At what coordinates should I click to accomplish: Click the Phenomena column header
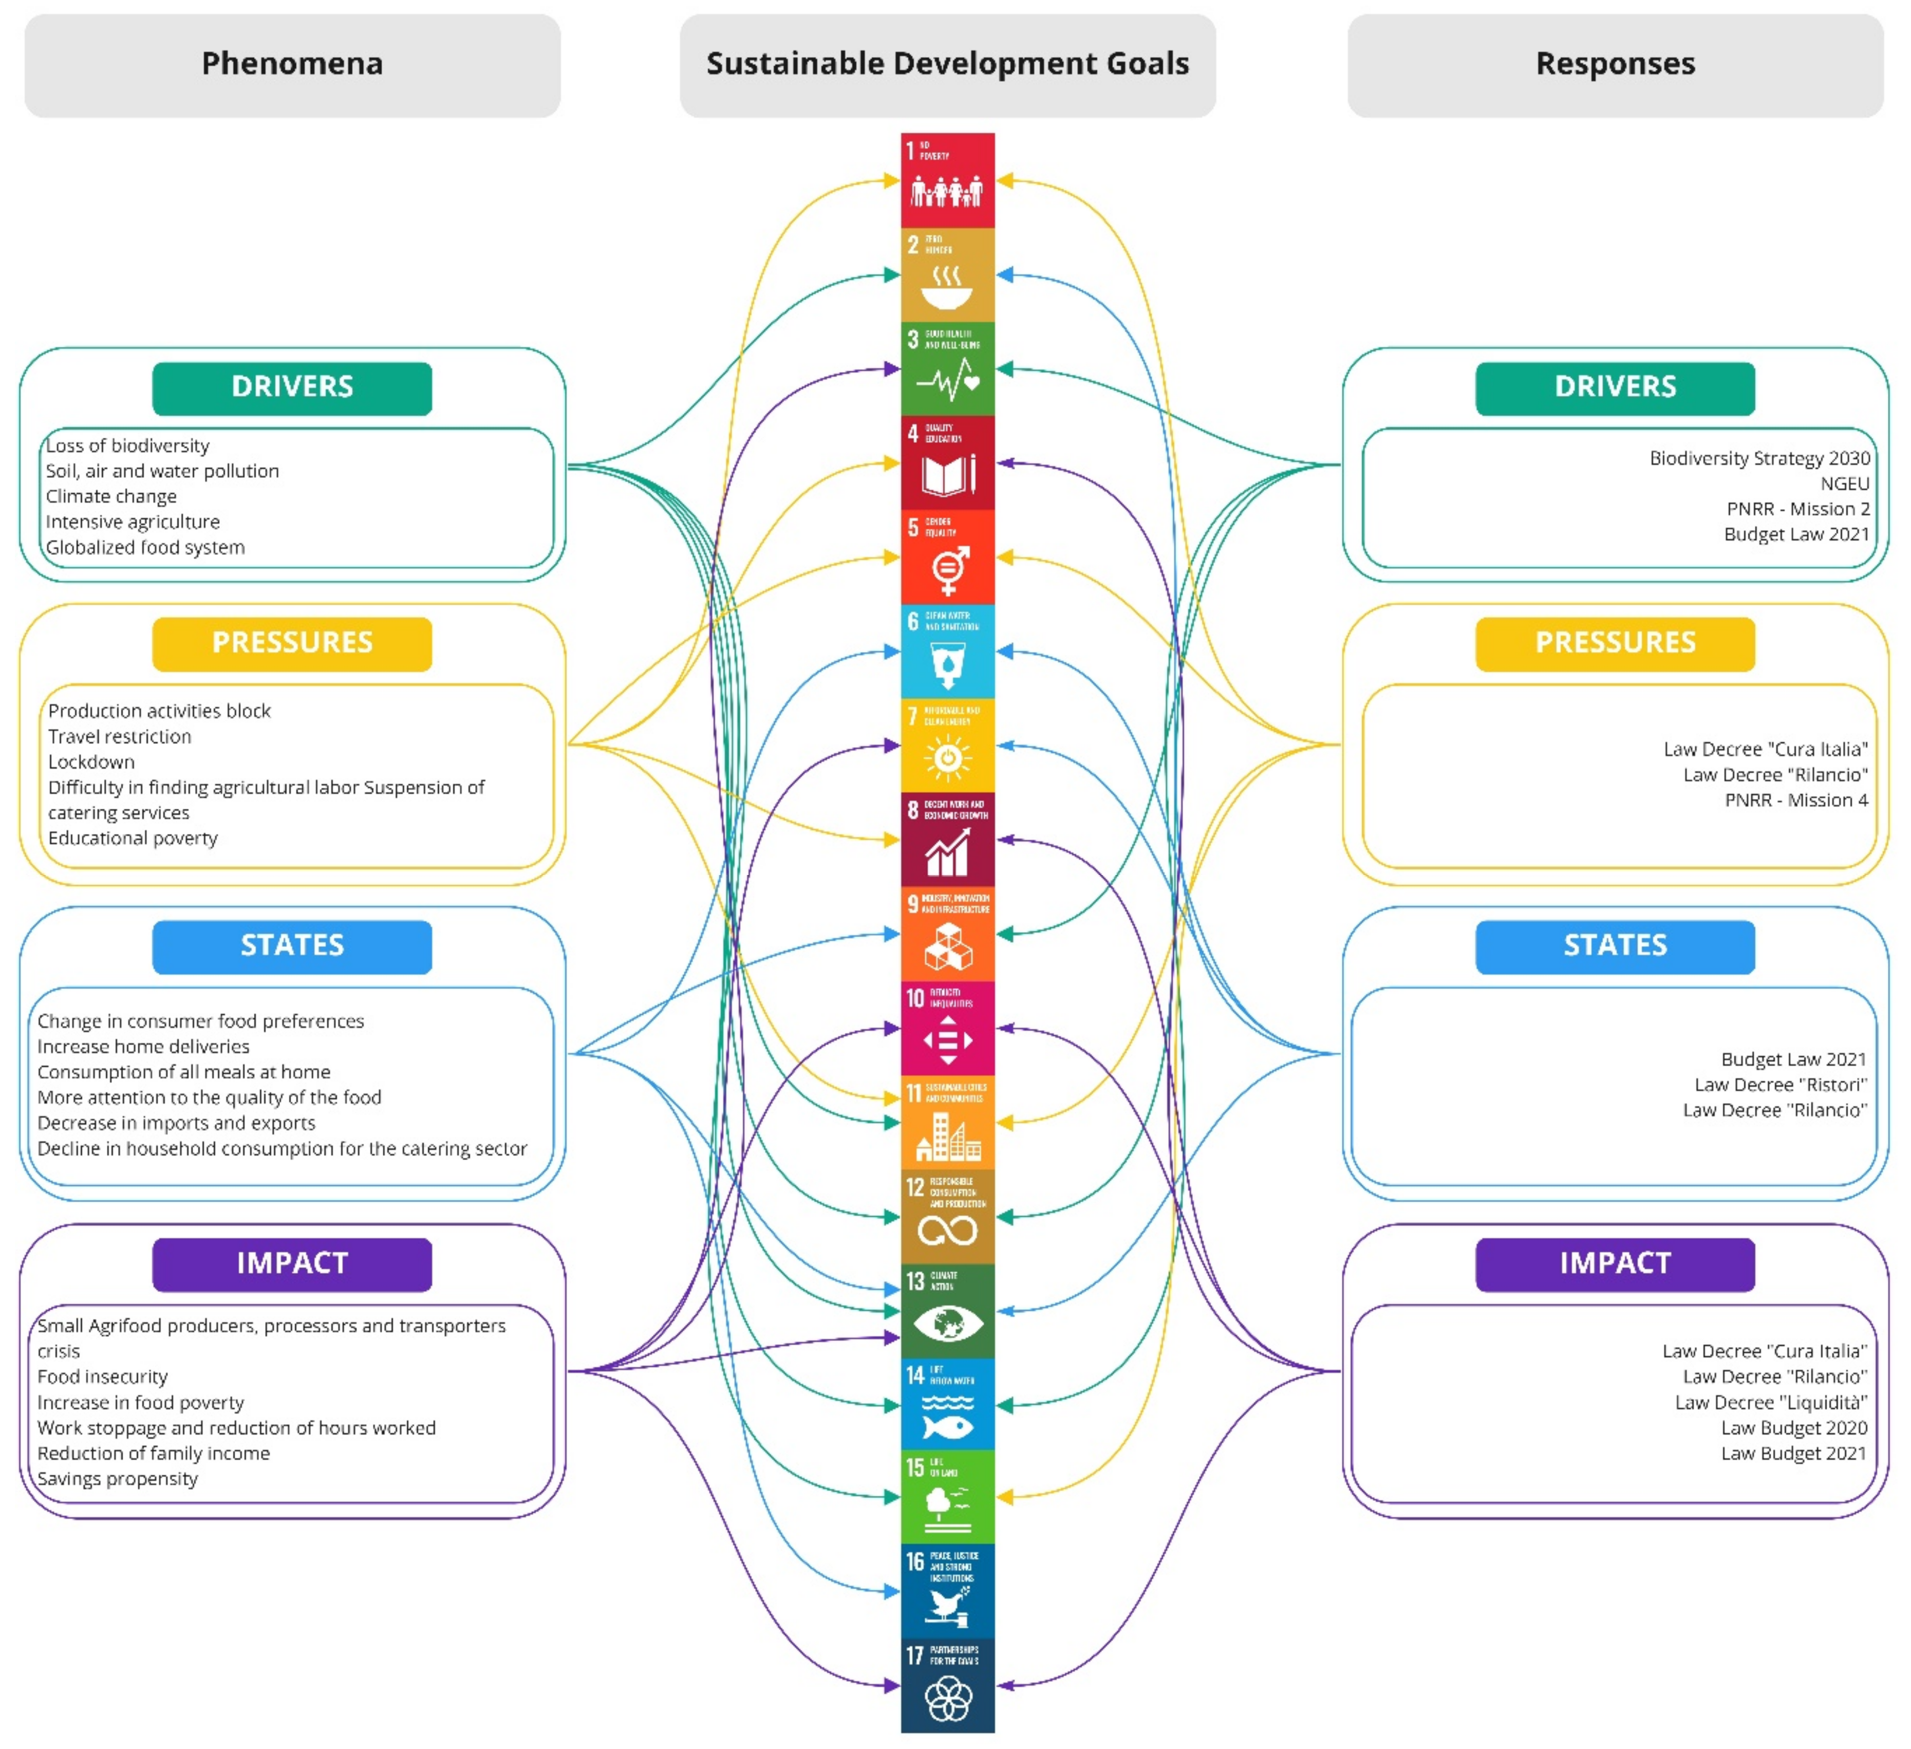[x=292, y=64]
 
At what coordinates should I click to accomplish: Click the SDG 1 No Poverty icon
[x=947, y=181]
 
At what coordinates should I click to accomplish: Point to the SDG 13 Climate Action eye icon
[x=947, y=1324]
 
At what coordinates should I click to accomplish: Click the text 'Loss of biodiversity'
[x=128, y=445]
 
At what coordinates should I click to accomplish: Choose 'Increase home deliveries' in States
[x=143, y=1047]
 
